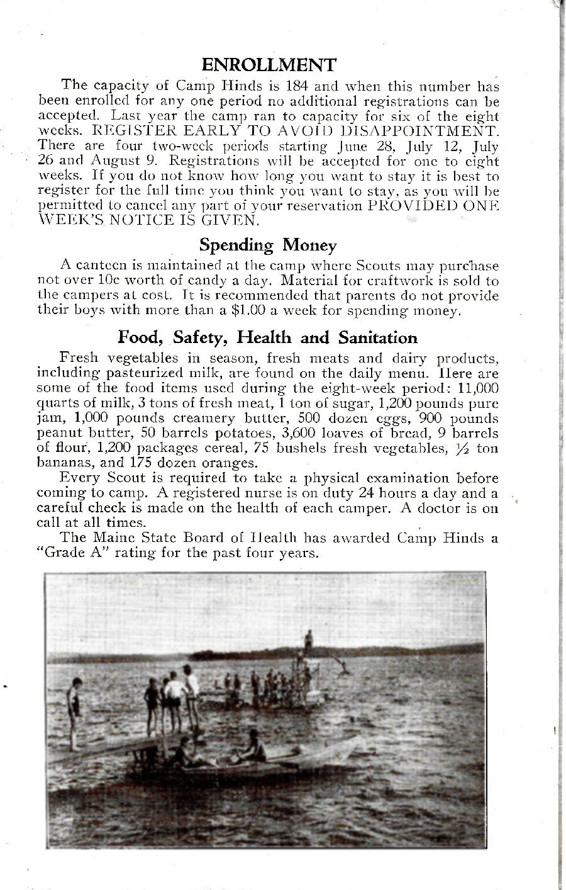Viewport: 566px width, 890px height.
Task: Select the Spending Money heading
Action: coord(268,244)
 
